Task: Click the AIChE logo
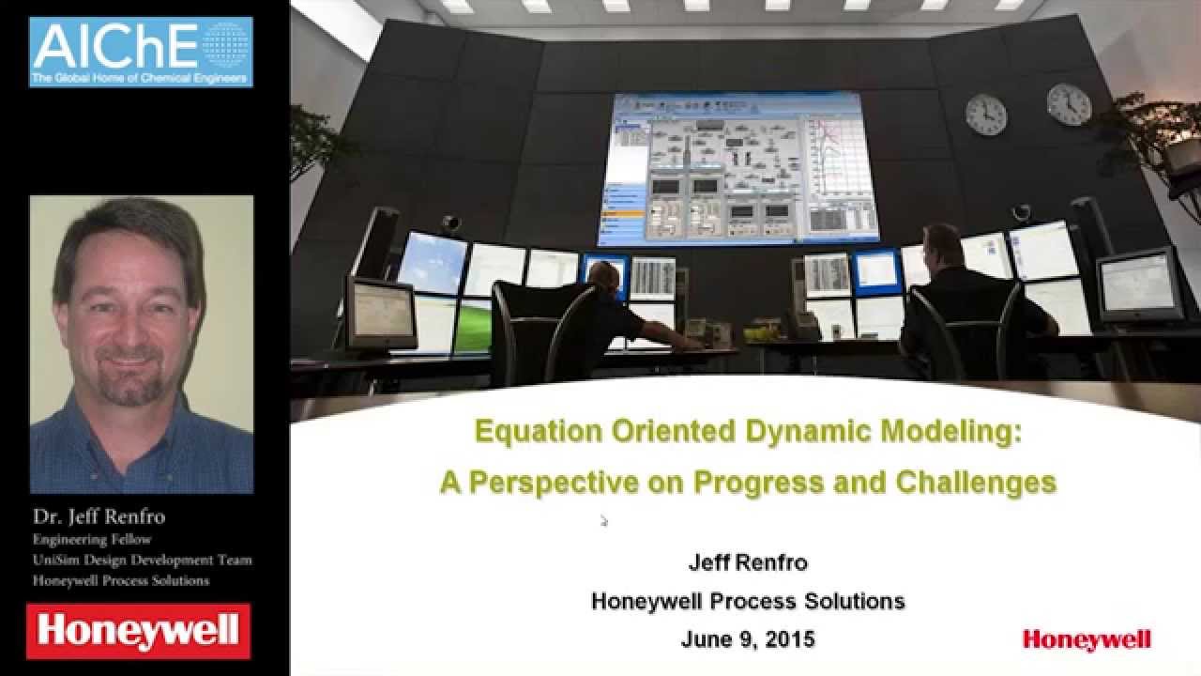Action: click(x=141, y=52)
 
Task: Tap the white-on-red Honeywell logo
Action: click(x=138, y=630)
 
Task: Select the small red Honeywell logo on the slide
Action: click(x=1087, y=640)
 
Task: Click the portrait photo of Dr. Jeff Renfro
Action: click(x=142, y=344)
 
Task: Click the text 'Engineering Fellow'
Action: click(x=92, y=539)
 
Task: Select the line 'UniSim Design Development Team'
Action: click(x=142, y=560)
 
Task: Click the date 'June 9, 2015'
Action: click(x=748, y=640)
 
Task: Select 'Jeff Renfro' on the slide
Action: click(x=748, y=563)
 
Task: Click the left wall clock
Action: click(x=985, y=114)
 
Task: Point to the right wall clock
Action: click(x=1069, y=104)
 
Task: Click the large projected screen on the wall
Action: click(x=745, y=166)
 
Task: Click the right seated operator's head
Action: click(x=942, y=241)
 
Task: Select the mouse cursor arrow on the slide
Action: click(x=603, y=520)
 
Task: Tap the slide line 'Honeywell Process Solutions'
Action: click(x=748, y=602)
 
